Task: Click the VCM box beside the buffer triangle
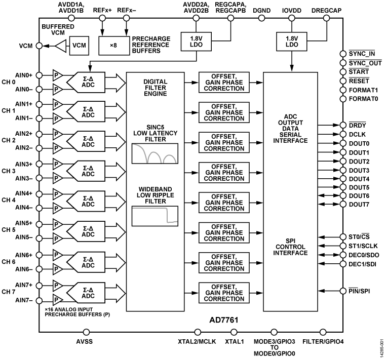pos(80,46)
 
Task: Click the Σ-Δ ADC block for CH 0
pos(88,82)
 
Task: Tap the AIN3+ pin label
pos(23,164)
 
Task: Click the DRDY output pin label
pos(358,126)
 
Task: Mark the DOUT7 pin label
pos(359,204)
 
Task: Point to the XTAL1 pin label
pos(234,342)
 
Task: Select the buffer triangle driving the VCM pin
pos(60,46)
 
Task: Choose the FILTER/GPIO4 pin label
pos(323,342)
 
